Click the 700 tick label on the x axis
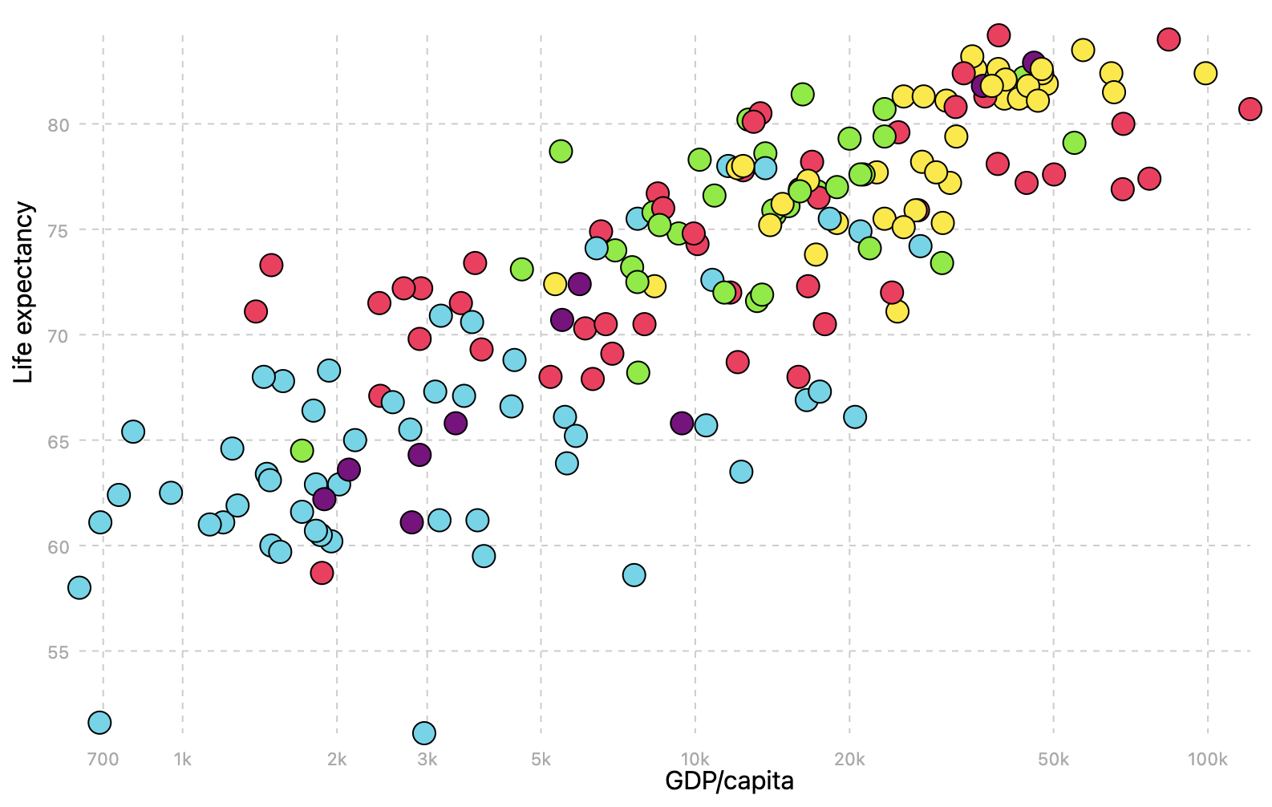click(103, 760)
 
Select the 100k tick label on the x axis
click(1207, 760)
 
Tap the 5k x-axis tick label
click(541, 760)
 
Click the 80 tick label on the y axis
click(58, 125)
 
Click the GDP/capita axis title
click(729, 781)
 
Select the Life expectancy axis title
click(24, 292)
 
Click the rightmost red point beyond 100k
click(1250, 108)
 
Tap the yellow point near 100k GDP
click(1205, 73)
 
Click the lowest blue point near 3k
click(424, 732)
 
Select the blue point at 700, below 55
click(99, 722)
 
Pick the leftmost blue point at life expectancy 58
click(79, 587)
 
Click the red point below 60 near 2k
click(322, 572)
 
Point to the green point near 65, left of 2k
click(302, 450)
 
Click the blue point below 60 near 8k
click(634, 574)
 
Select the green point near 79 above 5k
click(561, 151)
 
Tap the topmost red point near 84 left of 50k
click(999, 34)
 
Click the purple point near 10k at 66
click(682, 423)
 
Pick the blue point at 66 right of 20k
click(855, 416)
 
